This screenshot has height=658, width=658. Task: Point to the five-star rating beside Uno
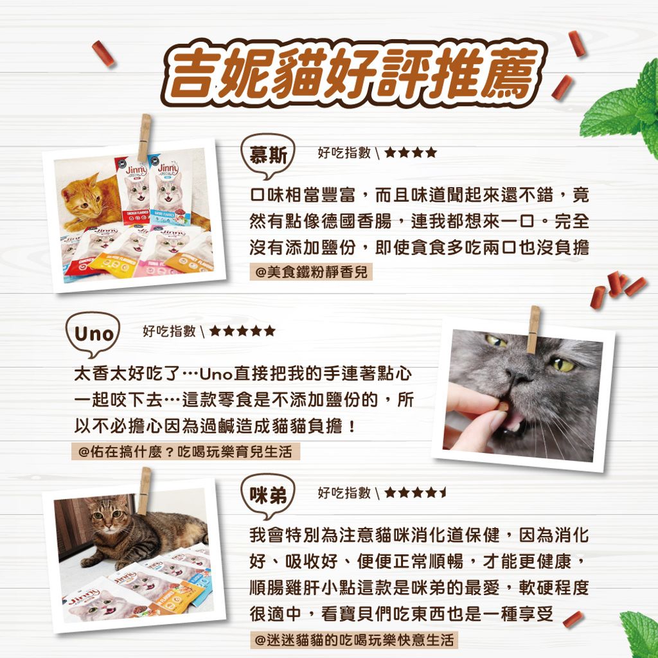pos(243,332)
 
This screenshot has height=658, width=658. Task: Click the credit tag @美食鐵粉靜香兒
pos(311,272)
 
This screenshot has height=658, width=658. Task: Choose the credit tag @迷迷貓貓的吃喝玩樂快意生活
pos(355,640)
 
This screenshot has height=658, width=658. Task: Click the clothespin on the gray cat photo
pos(532,328)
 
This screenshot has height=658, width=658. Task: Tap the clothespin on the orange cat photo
pos(144,137)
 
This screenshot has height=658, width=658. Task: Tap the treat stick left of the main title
pos(103,53)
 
